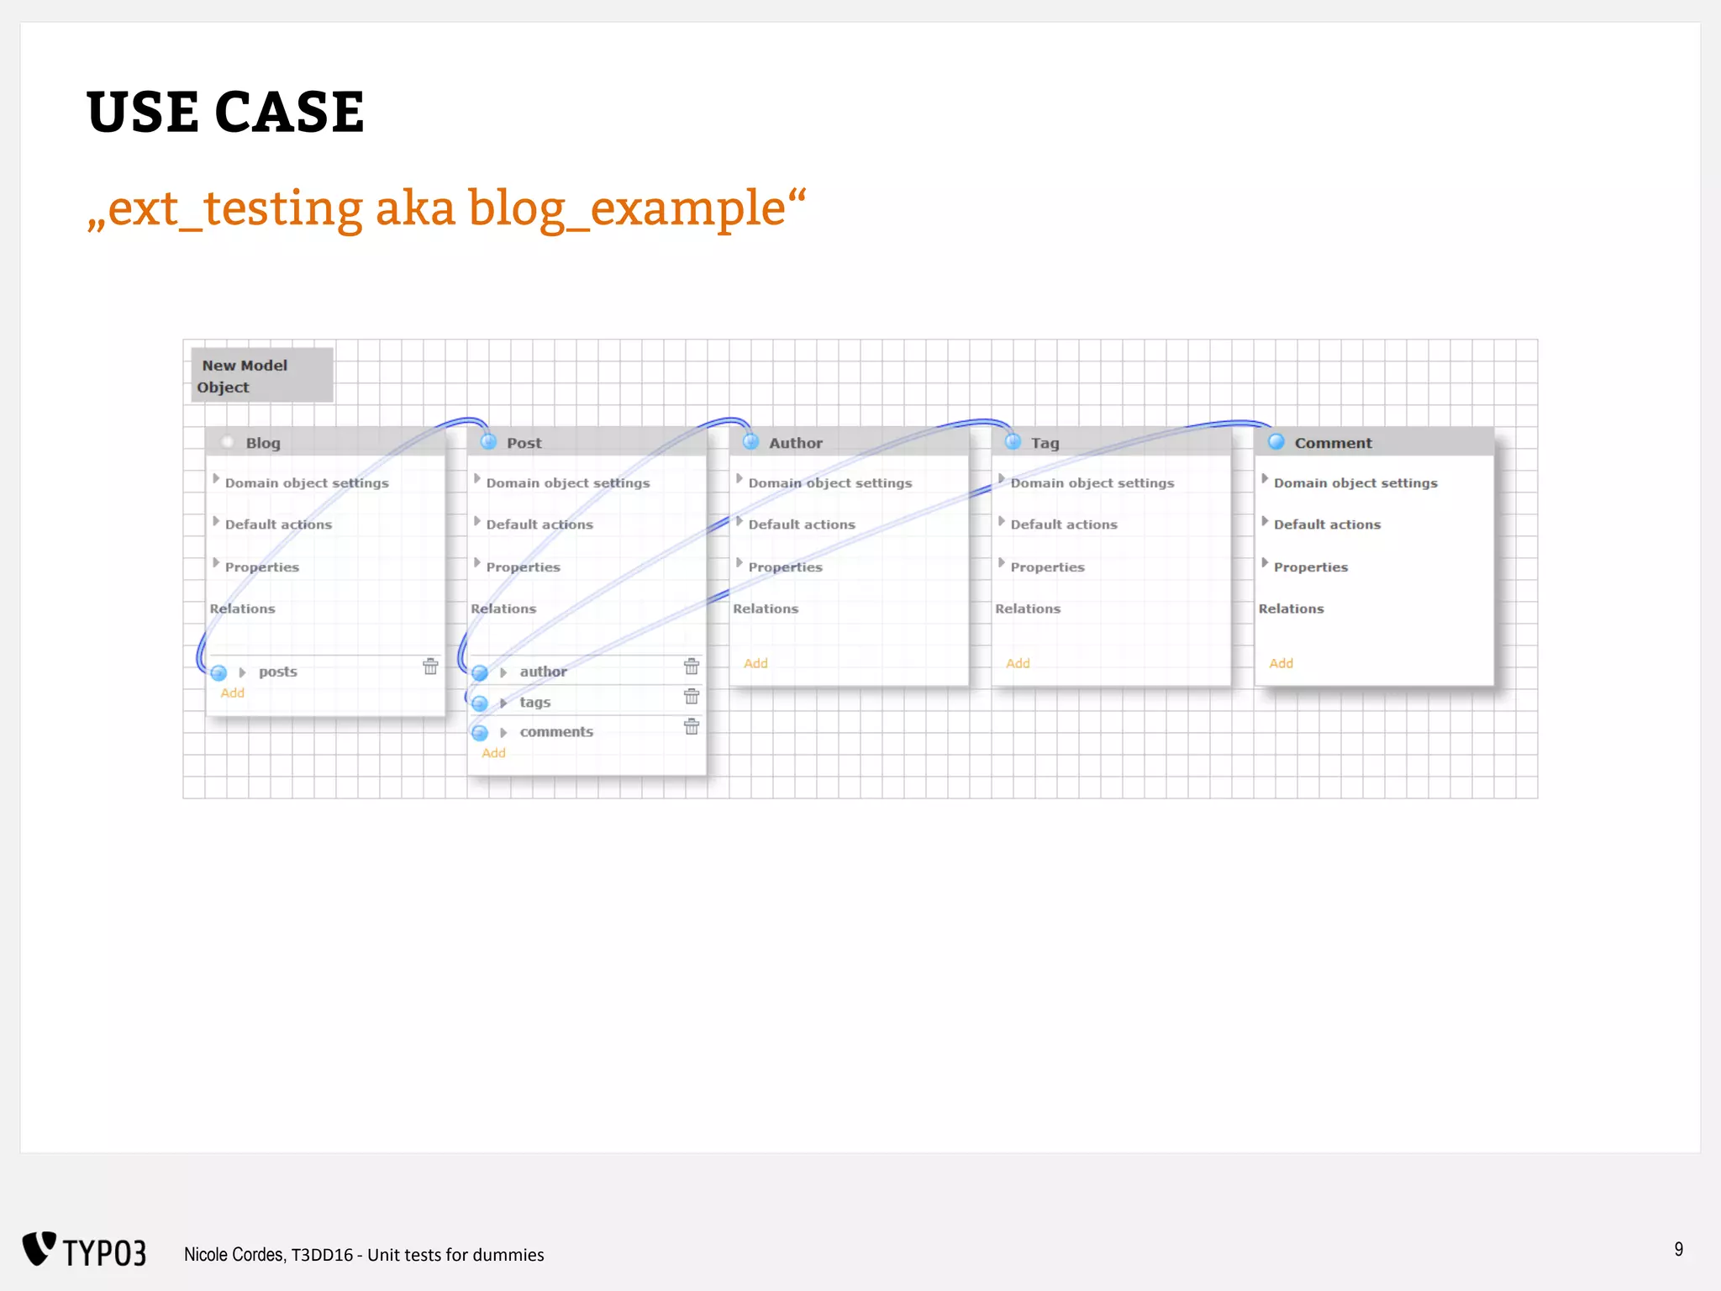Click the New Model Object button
(x=261, y=376)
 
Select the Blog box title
(x=263, y=443)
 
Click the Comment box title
(x=1333, y=443)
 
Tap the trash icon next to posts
(x=430, y=667)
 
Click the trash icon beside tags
(x=692, y=697)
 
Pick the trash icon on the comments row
(x=692, y=727)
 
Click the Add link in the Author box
(x=755, y=663)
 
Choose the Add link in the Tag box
(x=1018, y=663)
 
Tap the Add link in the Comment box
(x=1281, y=663)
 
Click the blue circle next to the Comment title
(x=1276, y=442)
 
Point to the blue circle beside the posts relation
(x=219, y=672)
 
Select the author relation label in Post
(x=543, y=672)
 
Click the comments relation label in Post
(x=556, y=732)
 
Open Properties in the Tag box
(x=1047, y=567)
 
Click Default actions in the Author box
(x=802, y=524)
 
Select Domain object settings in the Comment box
(x=1355, y=483)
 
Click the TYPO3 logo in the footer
(x=84, y=1251)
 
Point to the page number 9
(x=1678, y=1250)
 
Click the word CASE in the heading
(x=290, y=113)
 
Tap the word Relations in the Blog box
(x=242, y=609)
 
